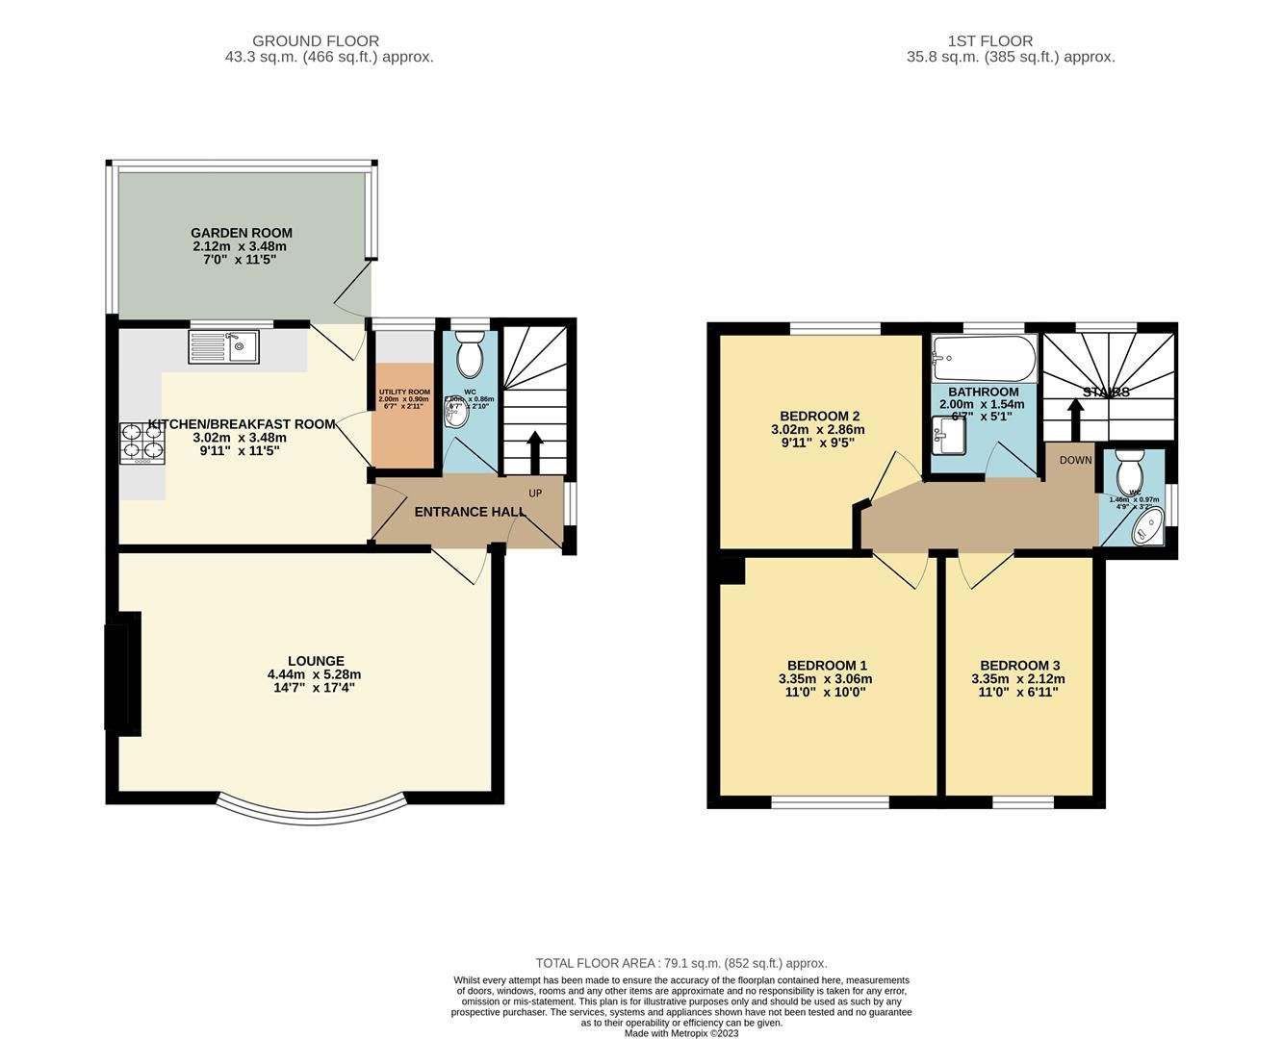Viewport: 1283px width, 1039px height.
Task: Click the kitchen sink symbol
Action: [223, 346]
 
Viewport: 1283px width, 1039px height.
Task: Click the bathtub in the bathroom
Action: [983, 360]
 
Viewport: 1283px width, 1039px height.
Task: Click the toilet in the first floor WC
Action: [1129, 468]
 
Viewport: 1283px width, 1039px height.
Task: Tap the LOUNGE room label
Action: [316, 661]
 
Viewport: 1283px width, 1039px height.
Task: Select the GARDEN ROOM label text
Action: [241, 233]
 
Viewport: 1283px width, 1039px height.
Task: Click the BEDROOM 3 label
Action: [1019, 666]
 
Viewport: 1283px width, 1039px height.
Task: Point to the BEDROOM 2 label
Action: [818, 416]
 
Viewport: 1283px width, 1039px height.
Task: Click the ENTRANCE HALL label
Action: [470, 512]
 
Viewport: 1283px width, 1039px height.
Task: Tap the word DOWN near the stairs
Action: [1075, 460]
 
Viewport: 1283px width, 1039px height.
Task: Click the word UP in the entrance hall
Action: [535, 494]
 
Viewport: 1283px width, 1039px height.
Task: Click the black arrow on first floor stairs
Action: [1075, 418]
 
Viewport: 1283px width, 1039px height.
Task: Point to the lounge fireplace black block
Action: [123, 673]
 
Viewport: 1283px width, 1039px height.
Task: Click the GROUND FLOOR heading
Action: [316, 41]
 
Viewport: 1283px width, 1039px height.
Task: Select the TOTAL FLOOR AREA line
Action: [681, 963]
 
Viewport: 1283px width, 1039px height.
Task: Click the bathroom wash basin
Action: [948, 439]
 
